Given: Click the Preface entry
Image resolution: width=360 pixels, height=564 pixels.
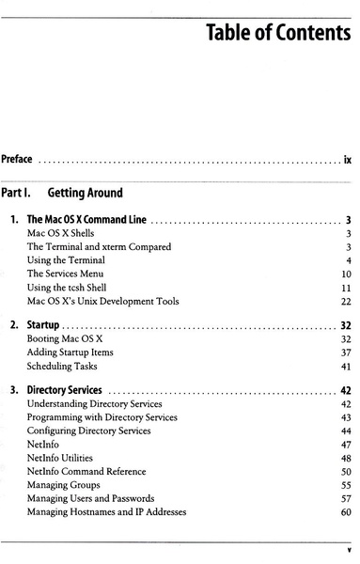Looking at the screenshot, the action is click(x=18, y=161).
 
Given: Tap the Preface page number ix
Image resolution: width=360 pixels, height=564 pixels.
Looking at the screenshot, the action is click(x=347, y=161).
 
